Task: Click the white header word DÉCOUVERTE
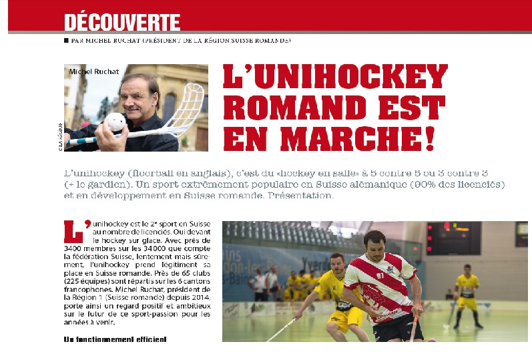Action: [x=122, y=23]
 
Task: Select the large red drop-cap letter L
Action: [x=72, y=231]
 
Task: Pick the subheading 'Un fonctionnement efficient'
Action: [x=115, y=340]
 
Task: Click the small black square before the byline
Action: [x=66, y=41]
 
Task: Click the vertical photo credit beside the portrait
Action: [x=60, y=136]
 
